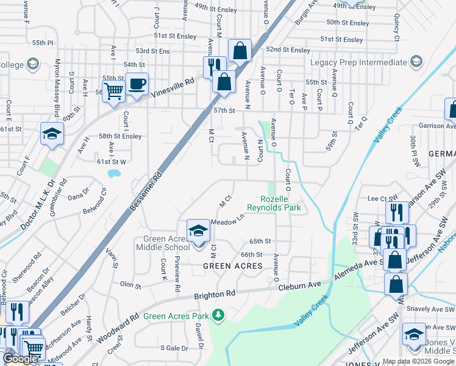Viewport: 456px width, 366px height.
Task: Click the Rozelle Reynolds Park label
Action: point(281,204)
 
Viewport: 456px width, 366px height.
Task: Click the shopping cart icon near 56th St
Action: point(113,92)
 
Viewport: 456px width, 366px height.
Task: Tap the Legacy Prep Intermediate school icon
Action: point(416,62)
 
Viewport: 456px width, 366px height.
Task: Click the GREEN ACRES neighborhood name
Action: point(232,266)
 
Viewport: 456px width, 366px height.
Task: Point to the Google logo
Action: point(20,359)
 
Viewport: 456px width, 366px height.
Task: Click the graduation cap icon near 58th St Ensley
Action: point(52,134)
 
